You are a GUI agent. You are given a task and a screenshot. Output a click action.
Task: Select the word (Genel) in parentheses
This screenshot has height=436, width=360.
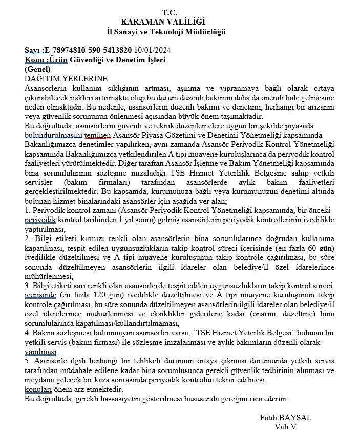point(38,69)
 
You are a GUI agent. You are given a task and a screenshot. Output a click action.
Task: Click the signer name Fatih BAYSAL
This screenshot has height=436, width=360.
point(286,418)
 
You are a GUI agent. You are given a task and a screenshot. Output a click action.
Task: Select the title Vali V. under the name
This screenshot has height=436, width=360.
point(286,427)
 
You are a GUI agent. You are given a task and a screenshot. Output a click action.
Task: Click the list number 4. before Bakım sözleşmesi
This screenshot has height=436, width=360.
point(28,333)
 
